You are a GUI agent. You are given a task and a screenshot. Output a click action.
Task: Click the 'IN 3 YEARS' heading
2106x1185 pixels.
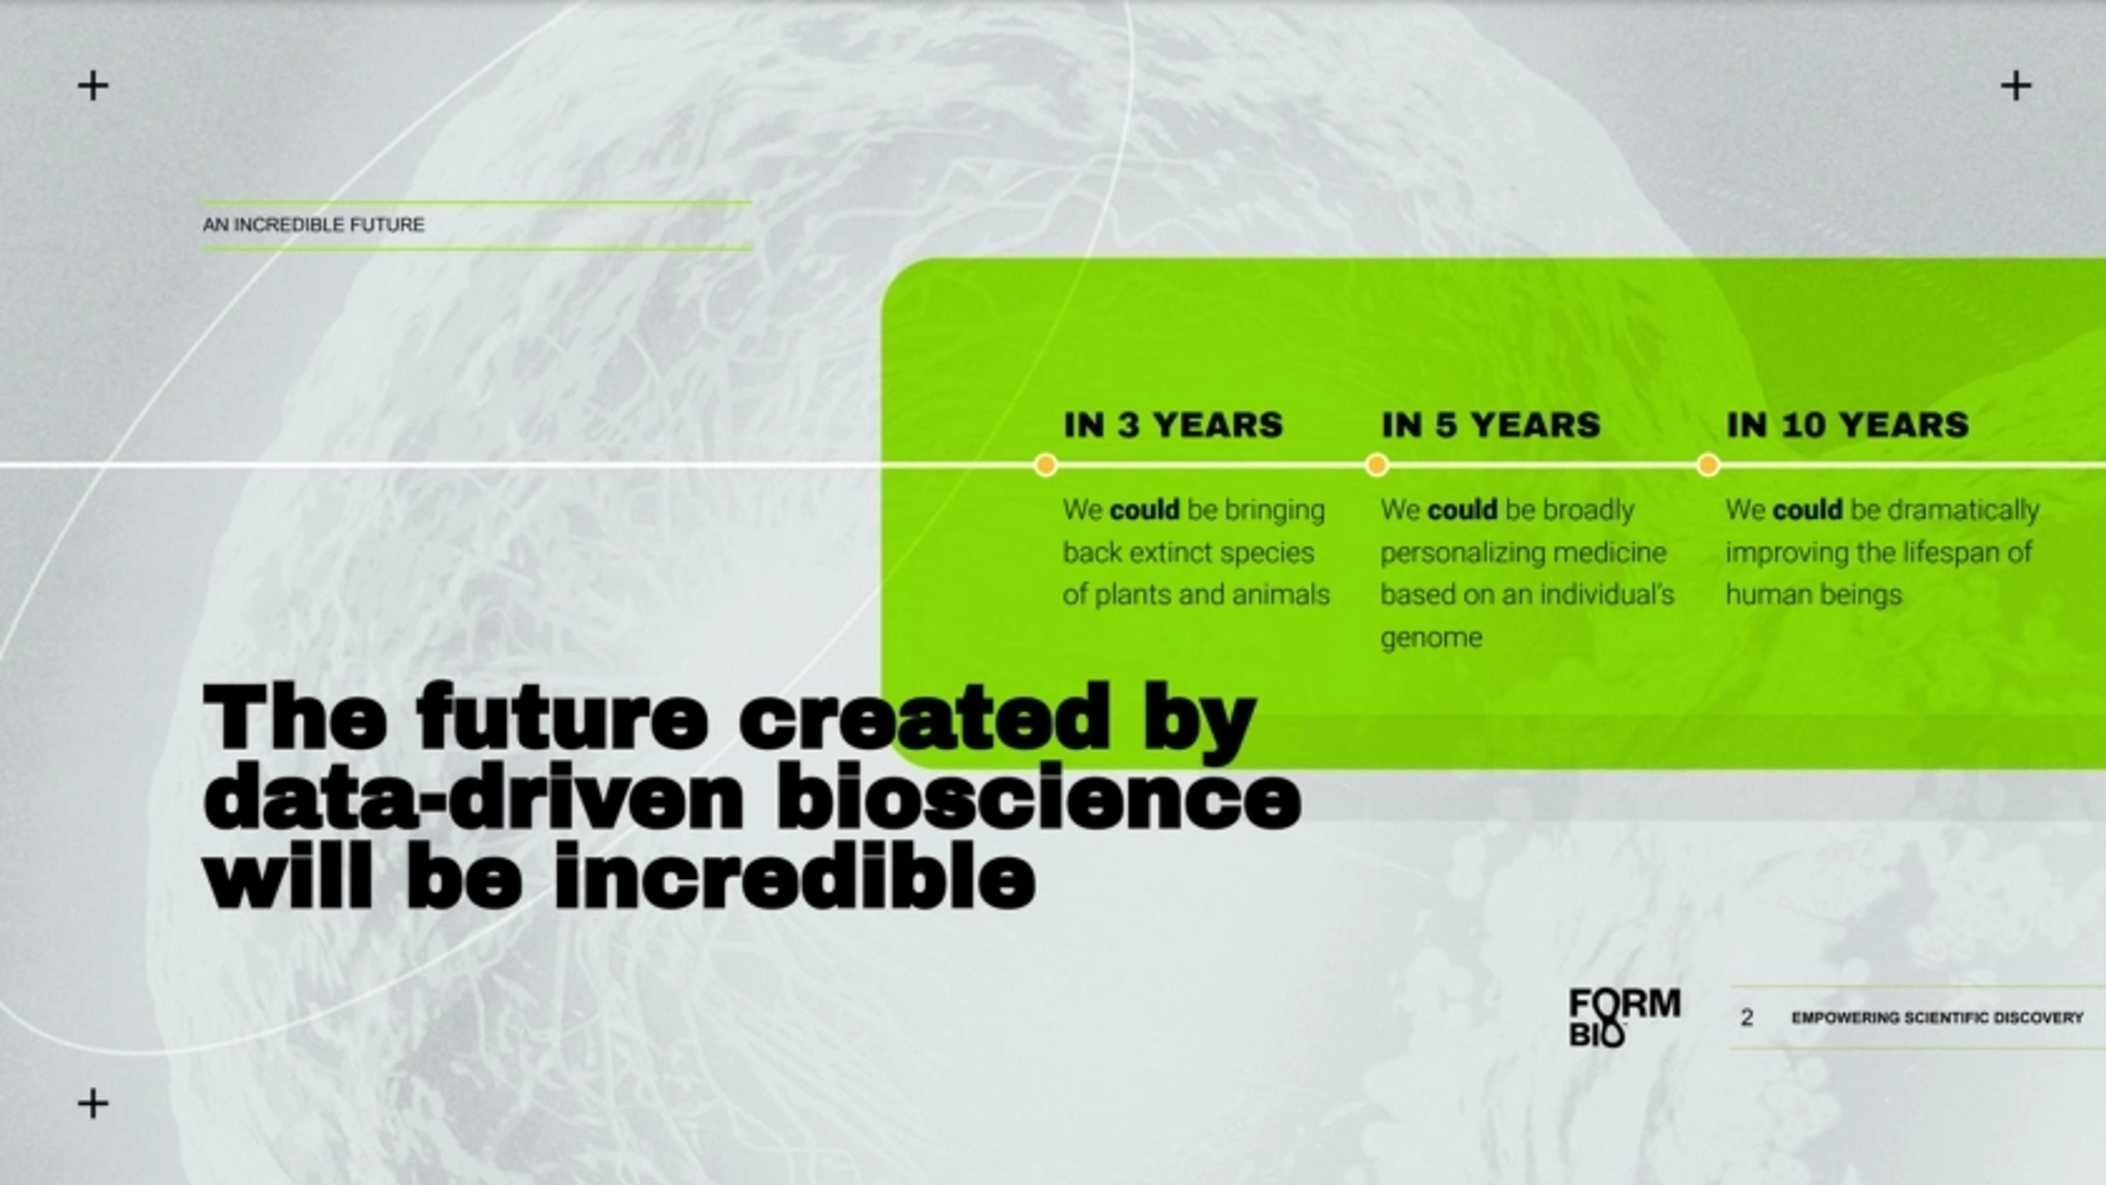(x=1173, y=425)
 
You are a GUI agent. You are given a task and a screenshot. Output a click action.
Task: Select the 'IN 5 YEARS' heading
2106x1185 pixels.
(x=1491, y=425)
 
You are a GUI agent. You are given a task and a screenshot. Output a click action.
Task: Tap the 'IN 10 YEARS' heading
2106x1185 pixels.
(x=1848, y=425)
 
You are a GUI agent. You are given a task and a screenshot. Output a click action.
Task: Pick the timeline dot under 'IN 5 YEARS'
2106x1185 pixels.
(x=1377, y=465)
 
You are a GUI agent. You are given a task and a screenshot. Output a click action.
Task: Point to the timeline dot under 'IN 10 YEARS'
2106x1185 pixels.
(x=1708, y=465)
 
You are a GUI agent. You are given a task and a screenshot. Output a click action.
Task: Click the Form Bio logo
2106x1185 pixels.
(x=1623, y=1017)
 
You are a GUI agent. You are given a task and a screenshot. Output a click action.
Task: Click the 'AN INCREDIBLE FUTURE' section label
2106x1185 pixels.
(x=313, y=225)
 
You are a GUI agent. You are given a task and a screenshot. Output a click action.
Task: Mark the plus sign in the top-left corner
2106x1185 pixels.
(x=93, y=85)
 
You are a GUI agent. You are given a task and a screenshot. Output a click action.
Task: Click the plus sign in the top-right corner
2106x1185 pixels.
(x=2016, y=85)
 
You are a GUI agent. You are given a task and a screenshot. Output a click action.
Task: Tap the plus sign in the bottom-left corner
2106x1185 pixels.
(x=93, y=1103)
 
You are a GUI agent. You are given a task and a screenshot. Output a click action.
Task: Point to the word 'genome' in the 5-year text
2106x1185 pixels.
(x=1431, y=638)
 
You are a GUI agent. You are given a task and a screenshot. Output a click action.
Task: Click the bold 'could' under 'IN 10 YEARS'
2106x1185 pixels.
(x=1808, y=510)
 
